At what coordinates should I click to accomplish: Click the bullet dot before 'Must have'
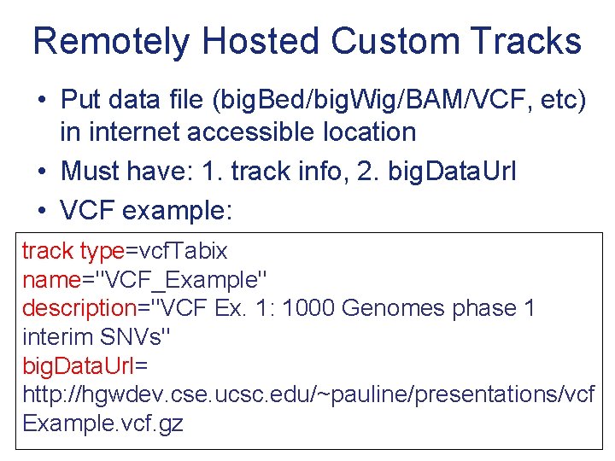[42, 171]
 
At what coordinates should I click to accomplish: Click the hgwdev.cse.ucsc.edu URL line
[308, 394]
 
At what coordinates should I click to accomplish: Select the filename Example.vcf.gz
[102, 423]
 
